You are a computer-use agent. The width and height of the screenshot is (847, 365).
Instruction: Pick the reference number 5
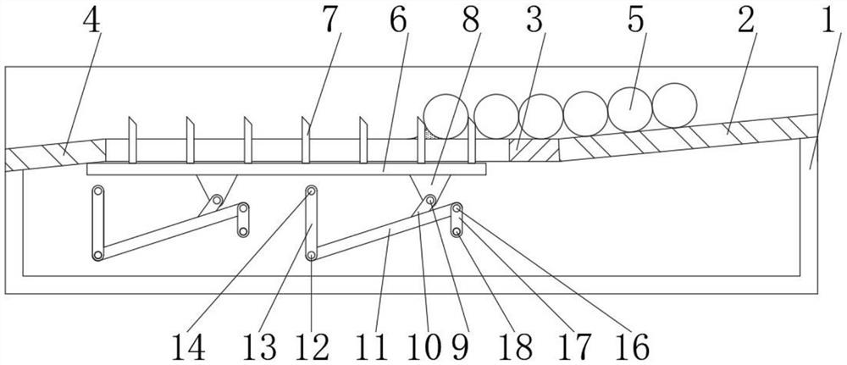(x=634, y=22)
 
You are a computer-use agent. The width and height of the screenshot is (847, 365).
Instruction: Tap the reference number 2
(x=745, y=22)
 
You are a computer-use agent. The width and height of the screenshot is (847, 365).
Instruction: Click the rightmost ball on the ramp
(x=675, y=104)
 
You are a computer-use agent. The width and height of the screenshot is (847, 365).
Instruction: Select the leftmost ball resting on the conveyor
(x=446, y=116)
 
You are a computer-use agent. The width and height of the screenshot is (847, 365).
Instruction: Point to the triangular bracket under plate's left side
(x=212, y=191)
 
